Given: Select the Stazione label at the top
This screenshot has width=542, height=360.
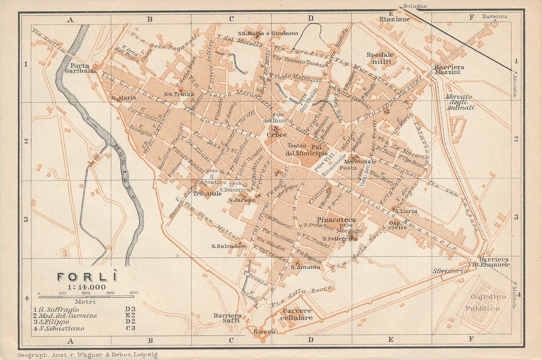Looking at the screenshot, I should pyautogui.click(x=394, y=19).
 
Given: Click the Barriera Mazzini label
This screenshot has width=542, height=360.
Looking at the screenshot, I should pyautogui.click(x=449, y=70).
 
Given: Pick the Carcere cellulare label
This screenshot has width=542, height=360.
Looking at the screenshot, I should pyautogui.click(x=296, y=314).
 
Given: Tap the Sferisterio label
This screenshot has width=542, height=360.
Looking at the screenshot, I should pyautogui.click(x=450, y=271).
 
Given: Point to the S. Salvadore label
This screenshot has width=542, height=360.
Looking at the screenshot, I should pyautogui.click(x=229, y=246).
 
